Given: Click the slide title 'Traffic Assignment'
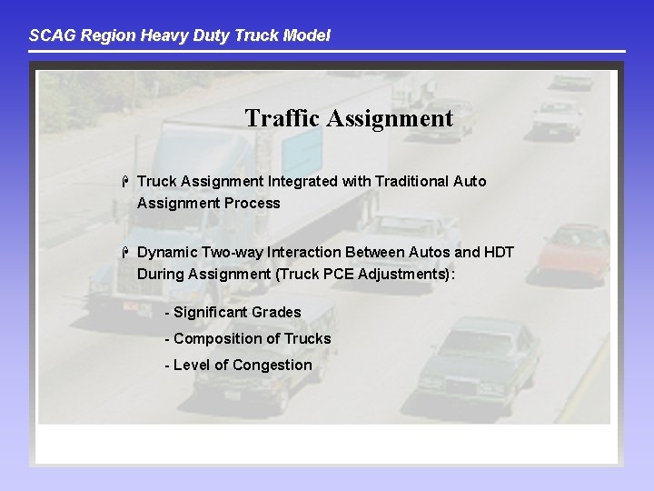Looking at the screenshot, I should click(349, 118).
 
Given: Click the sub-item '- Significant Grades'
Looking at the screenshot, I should click(233, 312).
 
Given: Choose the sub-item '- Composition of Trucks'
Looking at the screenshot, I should click(247, 338).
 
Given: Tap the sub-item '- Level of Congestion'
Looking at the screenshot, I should click(238, 365).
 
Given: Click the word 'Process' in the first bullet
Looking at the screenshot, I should click(253, 203).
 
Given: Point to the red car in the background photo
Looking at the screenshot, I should click(572, 251).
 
